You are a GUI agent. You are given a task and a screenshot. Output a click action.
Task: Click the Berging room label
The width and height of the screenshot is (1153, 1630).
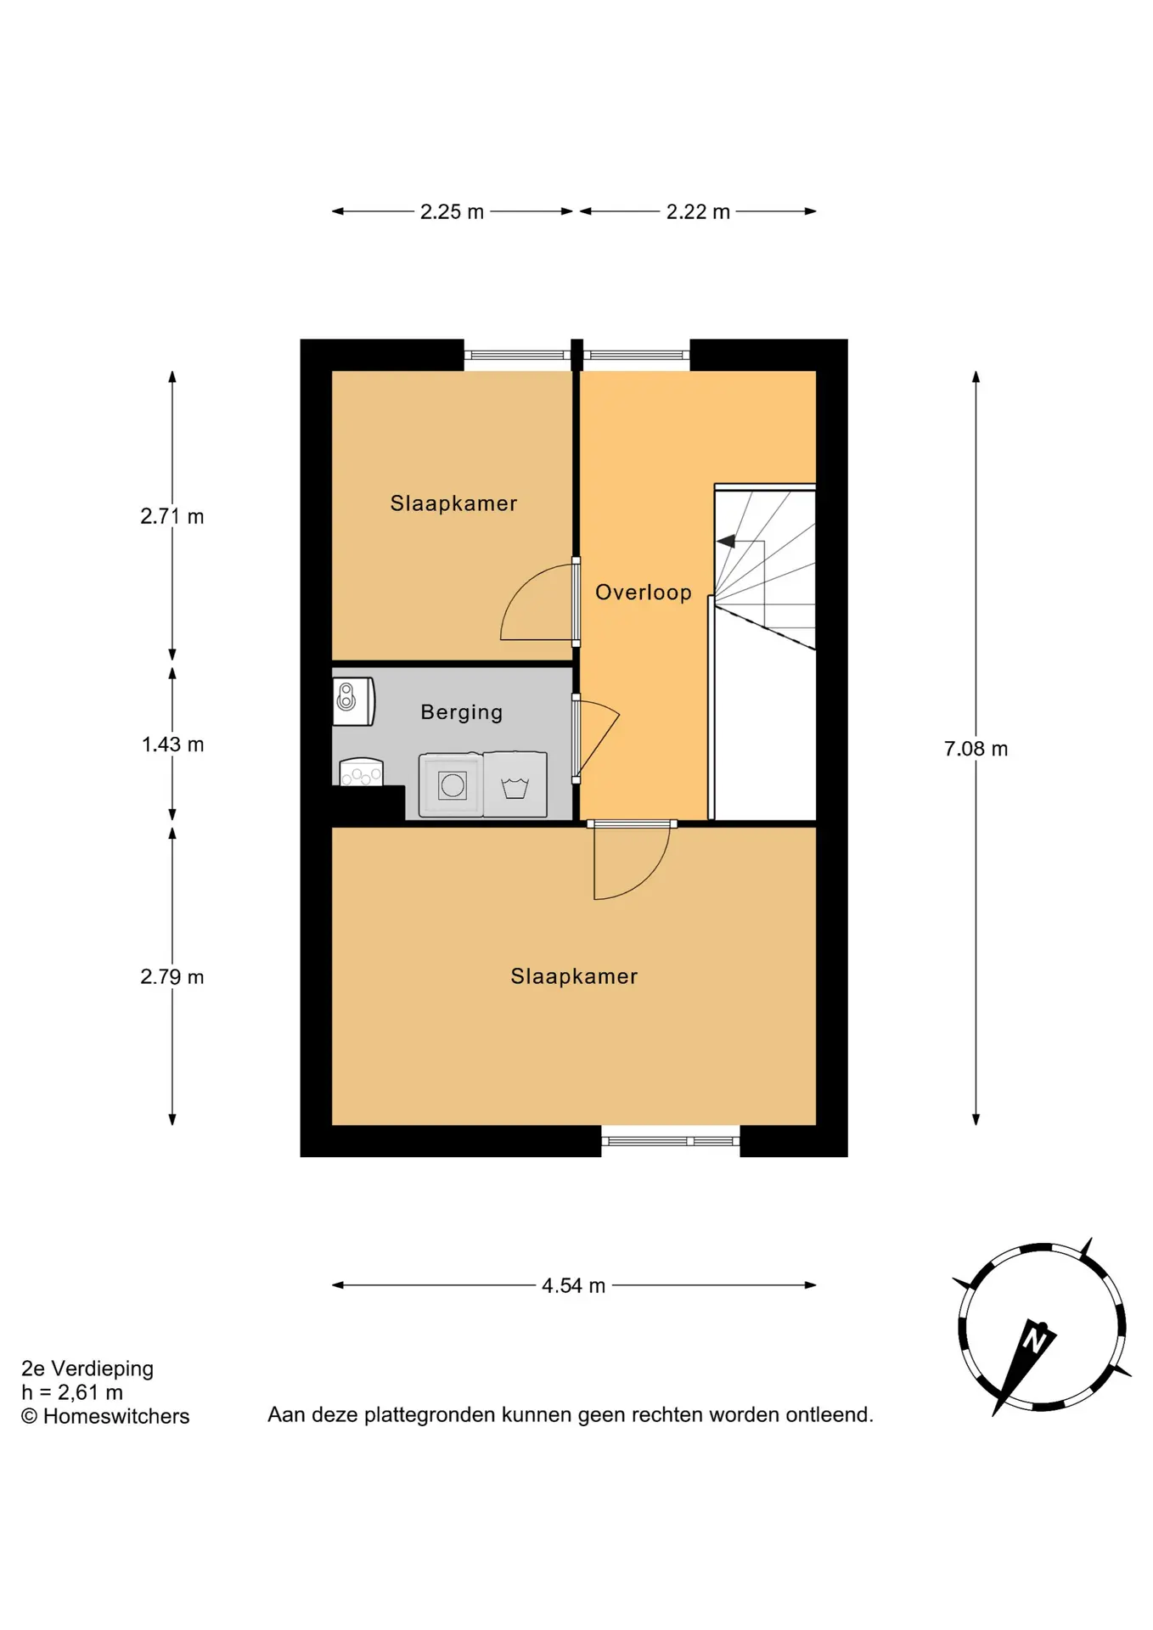pyautogui.click(x=462, y=712)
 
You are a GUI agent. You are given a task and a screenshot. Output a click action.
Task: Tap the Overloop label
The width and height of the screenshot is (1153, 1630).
pyautogui.click(x=644, y=592)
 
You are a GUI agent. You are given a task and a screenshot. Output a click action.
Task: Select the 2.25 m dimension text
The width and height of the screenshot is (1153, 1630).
pyautogui.click(x=452, y=211)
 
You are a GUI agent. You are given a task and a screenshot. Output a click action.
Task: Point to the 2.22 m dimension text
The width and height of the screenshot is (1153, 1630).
pyautogui.click(x=698, y=211)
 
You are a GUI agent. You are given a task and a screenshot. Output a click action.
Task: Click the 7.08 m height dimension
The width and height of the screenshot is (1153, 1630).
pyautogui.click(x=976, y=749)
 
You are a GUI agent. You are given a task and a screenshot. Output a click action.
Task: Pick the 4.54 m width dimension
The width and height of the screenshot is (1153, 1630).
pyautogui.click(x=574, y=1285)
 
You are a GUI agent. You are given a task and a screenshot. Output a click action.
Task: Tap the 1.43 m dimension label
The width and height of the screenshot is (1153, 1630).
pyautogui.click(x=172, y=745)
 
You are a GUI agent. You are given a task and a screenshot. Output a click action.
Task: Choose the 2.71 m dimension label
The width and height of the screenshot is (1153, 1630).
pyautogui.click(x=172, y=516)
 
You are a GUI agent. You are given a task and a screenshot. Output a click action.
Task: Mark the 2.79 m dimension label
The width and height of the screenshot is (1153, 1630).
pyautogui.click(x=172, y=976)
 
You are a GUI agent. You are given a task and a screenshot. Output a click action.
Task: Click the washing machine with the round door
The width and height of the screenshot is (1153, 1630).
pyautogui.click(x=452, y=785)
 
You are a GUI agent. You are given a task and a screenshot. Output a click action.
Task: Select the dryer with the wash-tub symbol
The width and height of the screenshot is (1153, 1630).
pyautogui.click(x=515, y=785)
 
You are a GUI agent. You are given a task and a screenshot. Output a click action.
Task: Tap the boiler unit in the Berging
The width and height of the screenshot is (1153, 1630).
pyautogui.click(x=353, y=700)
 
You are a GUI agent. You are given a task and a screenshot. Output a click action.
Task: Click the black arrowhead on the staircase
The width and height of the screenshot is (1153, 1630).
pyautogui.click(x=726, y=541)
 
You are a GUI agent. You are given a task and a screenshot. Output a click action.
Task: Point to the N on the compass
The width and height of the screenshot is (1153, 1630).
pyautogui.click(x=1034, y=1341)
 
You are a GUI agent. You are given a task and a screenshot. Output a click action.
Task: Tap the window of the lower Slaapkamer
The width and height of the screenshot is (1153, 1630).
pyautogui.click(x=671, y=1141)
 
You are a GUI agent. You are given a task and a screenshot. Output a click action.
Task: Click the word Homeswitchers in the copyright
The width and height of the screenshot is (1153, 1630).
pyautogui.click(x=116, y=1416)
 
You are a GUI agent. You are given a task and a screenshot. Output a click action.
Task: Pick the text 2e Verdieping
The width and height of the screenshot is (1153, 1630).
pyautogui.click(x=87, y=1369)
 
